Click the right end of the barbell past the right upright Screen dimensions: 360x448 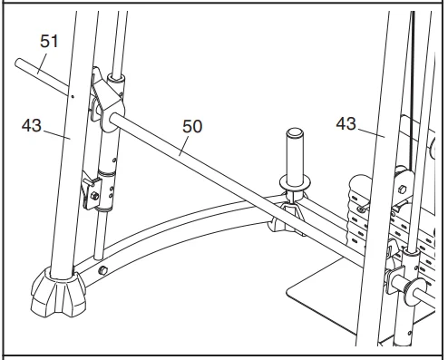(x=427, y=295)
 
